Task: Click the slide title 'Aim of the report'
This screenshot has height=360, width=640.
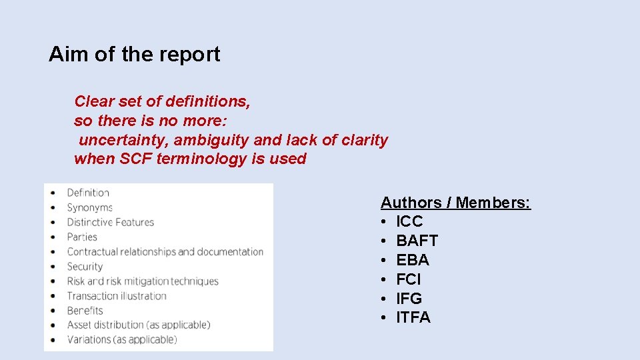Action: pyautogui.click(x=134, y=54)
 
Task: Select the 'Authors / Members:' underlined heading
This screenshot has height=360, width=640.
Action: pyautogui.click(x=455, y=203)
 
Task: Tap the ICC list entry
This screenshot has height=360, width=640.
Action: pyautogui.click(x=409, y=221)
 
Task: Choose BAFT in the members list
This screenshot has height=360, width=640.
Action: pyautogui.click(x=417, y=241)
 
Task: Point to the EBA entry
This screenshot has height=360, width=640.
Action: pyautogui.click(x=413, y=260)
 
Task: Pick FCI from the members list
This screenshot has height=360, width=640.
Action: pyautogui.click(x=409, y=279)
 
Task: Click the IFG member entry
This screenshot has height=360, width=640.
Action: pyautogui.click(x=409, y=299)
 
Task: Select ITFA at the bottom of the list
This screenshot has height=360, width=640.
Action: pyautogui.click(x=413, y=318)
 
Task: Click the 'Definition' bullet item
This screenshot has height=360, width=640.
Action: pyautogui.click(x=88, y=193)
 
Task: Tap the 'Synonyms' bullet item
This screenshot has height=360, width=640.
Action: pyautogui.click(x=90, y=207)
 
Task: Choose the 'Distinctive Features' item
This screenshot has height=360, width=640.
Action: pyautogui.click(x=111, y=222)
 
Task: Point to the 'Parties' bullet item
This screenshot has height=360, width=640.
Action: pyautogui.click(x=82, y=237)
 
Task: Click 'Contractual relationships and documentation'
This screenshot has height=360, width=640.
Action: pyautogui.click(x=165, y=251)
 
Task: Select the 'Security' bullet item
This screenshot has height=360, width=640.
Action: pyautogui.click(x=85, y=266)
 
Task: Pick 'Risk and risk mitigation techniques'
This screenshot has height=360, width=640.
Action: pyautogui.click(x=143, y=281)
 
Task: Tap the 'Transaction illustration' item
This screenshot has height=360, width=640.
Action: pyautogui.click(x=117, y=295)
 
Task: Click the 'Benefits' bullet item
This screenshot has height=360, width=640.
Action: pyautogui.click(x=85, y=310)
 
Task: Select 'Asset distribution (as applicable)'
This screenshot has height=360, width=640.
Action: pyautogui.click(x=139, y=325)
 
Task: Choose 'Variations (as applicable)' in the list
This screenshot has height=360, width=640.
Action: pyautogui.click(x=122, y=339)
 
